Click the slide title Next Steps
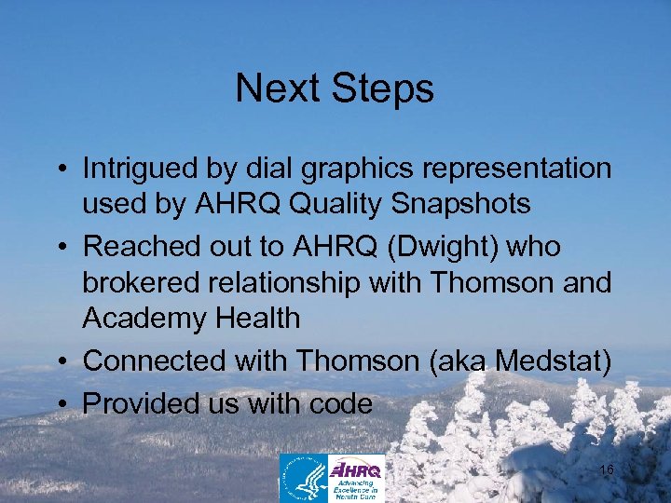click(335, 89)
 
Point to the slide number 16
click(606, 470)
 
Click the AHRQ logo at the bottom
click(356, 478)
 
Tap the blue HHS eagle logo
click(303, 478)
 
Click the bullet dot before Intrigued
click(62, 170)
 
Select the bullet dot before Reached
click(62, 249)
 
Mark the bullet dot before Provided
click(62, 405)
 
